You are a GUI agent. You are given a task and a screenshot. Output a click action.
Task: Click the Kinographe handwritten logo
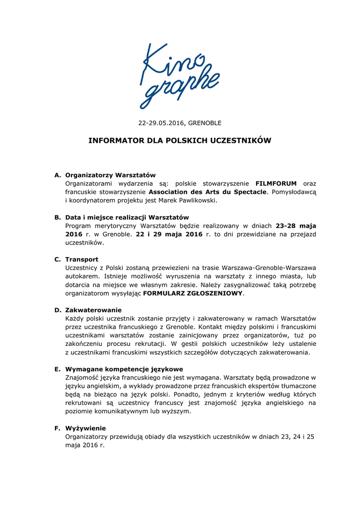coord(180,74)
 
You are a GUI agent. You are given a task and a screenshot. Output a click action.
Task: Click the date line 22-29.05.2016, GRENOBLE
coord(180,123)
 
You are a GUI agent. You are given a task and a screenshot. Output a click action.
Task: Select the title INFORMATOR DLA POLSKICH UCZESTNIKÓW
coord(180,141)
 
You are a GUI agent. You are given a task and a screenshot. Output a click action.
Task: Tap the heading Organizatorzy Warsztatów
coord(110,175)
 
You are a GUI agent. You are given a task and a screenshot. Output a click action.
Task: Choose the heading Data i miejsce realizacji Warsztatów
coord(127,217)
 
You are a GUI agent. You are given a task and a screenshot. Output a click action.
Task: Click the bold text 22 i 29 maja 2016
coord(169,234)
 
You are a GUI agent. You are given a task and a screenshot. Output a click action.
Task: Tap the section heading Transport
coord(81,259)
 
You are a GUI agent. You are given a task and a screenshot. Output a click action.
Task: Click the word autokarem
coord(82,276)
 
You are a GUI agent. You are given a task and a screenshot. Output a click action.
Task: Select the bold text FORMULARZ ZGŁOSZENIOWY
coord(193,293)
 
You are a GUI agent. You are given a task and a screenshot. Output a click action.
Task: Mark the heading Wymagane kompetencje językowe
coord(124,369)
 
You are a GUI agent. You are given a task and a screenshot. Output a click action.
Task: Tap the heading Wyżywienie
coord(85,428)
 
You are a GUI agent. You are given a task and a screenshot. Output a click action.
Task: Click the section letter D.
coord(57,310)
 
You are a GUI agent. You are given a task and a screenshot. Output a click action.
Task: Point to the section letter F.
coord(57,428)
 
